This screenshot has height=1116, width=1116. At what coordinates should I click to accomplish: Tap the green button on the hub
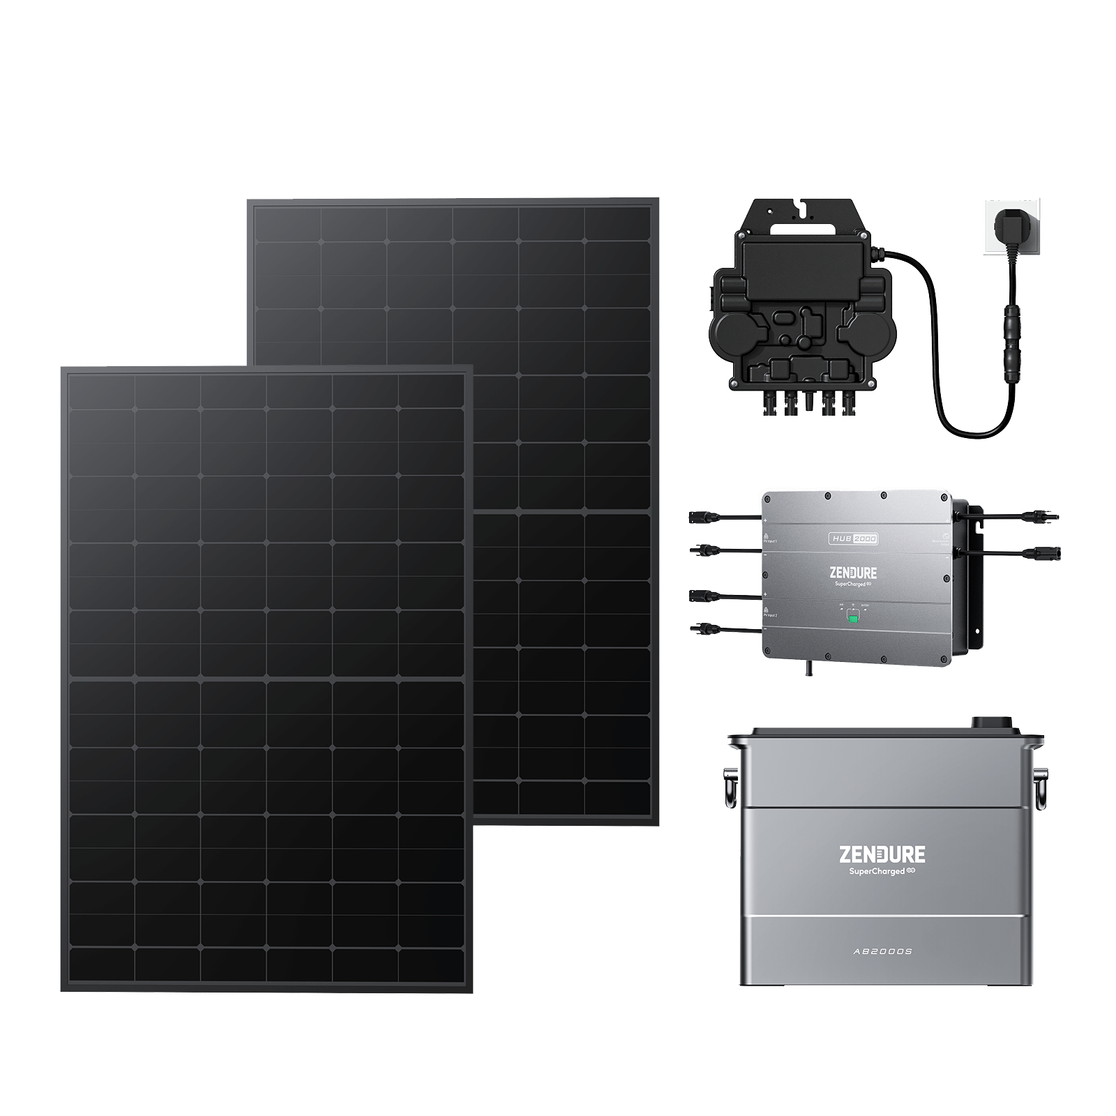click(852, 617)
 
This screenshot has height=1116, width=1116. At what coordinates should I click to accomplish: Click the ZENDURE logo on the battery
click(882, 854)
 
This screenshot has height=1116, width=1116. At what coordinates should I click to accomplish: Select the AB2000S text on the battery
click(882, 951)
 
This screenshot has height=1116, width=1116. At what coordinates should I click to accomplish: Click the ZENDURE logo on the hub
click(853, 573)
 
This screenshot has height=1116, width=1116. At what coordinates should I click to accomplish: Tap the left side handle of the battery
click(731, 787)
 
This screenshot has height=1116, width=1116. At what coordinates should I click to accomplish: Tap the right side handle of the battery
click(1039, 787)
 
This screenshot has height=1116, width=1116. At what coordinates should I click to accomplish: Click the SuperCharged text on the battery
click(877, 871)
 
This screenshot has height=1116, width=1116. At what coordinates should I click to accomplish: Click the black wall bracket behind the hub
click(974, 572)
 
